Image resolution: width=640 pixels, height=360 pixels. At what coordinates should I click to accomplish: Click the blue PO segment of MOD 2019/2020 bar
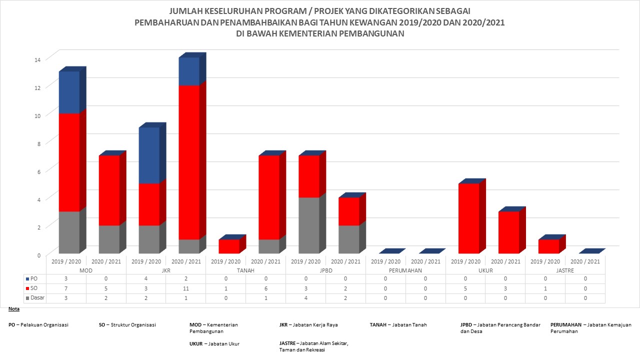pyautogui.click(x=69, y=92)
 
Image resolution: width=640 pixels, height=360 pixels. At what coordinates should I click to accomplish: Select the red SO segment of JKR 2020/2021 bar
pyautogui.click(x=189, y=162)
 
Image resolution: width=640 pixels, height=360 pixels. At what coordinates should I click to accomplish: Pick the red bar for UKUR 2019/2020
pyautogui.click(x=469, y=218)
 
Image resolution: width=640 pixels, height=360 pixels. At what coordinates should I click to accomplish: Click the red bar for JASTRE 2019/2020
pyautogui.click(x=549, y=246)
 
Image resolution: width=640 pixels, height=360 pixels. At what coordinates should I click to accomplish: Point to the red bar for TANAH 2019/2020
pyautogui.click(x=229, y=246)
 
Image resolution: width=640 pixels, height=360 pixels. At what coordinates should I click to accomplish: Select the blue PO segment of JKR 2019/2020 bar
pyautogui.click(x=149, y=155)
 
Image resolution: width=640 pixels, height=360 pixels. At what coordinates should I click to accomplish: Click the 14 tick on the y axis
pyautogui.click(x=37, y=59)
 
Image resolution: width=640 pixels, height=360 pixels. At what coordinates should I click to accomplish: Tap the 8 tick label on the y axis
pyautogui.click(x=37, y=143)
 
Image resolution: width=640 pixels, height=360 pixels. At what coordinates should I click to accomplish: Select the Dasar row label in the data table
pyautogui.click(x=36, y=297)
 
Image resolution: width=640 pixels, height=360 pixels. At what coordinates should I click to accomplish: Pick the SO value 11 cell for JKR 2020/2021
pyautogui.click(x=185, y=288)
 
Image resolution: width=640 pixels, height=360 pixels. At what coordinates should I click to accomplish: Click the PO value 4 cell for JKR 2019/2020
pyautogui.click(x=145, y=278)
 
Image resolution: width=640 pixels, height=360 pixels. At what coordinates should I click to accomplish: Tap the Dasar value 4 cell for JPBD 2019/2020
pyautogui.click(x=305, y=297)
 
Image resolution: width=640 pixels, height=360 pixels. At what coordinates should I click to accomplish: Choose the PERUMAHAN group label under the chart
pyautogui.click(x=405, y=270)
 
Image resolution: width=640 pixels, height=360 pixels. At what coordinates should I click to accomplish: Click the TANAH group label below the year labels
pyautogui.click(x=245, y=270)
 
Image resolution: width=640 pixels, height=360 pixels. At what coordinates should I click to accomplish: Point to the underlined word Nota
pyautogui.click(x=14, y=309)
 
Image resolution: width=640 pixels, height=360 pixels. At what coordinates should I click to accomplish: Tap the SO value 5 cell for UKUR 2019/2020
pyautogui.click(x=465, y=288)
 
